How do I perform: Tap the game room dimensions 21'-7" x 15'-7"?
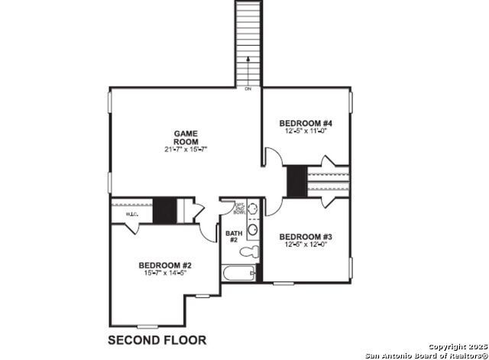click(186, 148)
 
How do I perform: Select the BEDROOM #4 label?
click(305, 123)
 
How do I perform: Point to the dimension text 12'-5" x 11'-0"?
click(305, 131)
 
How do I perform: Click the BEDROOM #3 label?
click(304, 236)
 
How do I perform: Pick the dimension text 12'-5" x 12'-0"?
click(304, 245)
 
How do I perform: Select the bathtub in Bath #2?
click(237, 274)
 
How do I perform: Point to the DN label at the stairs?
click(248, 89)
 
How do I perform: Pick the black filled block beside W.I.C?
click(164, 211)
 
